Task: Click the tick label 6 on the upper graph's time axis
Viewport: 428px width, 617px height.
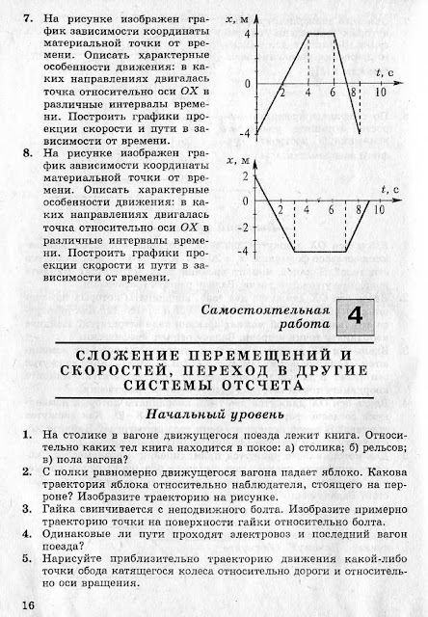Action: [333, 94]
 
